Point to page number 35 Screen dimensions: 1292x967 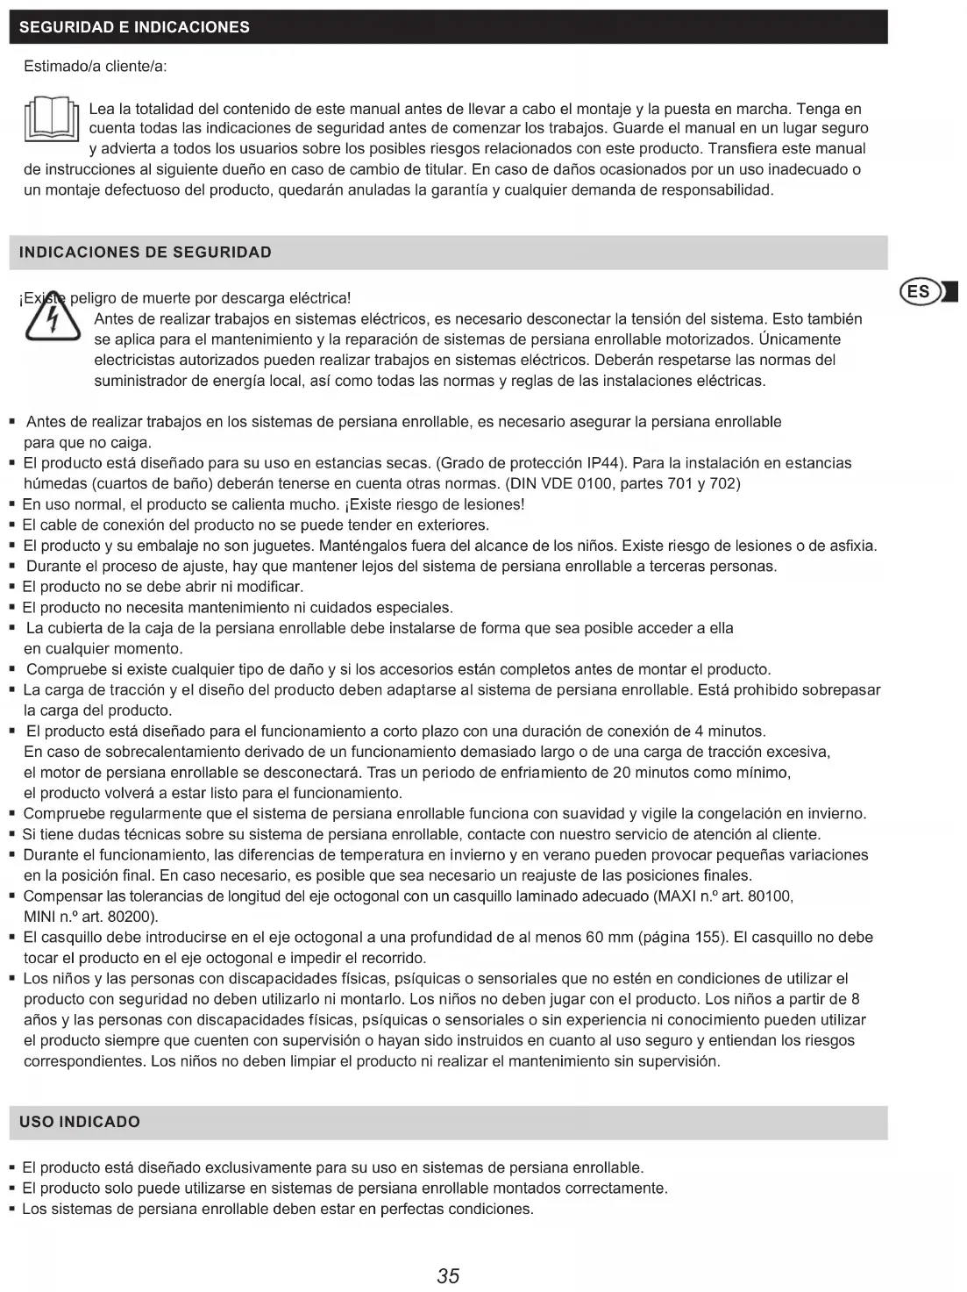point(448,1275)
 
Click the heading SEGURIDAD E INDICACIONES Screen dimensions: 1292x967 point(134,27)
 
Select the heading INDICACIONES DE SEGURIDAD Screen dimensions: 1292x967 point(146,253)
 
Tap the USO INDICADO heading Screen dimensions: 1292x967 point(80,1122)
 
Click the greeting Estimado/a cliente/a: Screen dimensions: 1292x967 point(96,67)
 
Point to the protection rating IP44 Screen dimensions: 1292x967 point(603,463)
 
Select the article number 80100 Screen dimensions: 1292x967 point(772,896)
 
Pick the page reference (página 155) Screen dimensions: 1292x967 point(679,938)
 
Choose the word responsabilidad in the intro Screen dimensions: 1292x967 point(715,190)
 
